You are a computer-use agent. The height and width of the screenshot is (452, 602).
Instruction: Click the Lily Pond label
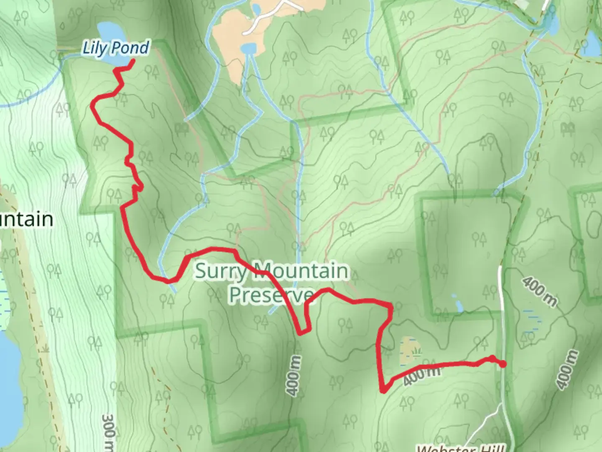point(115,48)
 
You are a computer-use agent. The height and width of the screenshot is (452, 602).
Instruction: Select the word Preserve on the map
point(271,295)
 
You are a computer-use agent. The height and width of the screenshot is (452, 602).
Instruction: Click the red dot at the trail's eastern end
point(503,364)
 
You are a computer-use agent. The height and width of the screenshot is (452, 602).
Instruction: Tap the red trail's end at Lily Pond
point(133,61)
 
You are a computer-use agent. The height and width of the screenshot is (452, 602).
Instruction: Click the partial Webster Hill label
point(460,448)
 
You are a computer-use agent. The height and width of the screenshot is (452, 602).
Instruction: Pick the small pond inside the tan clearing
point(249,49)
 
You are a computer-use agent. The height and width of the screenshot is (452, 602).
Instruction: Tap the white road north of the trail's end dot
point(501,310)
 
